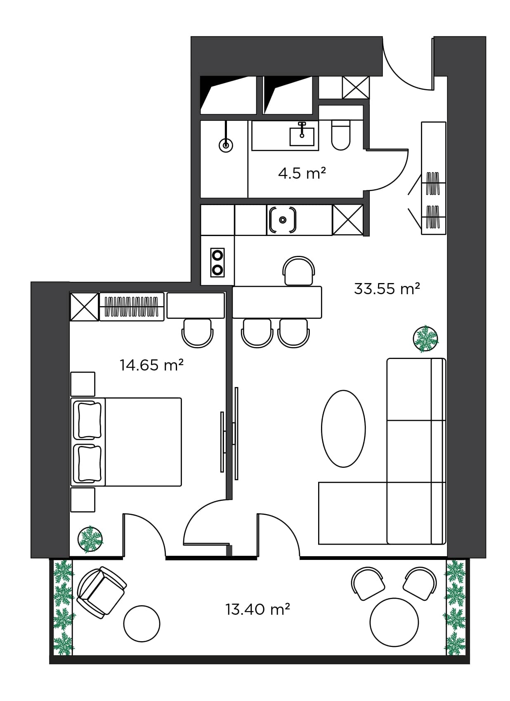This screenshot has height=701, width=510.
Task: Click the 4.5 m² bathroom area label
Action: click(x=302, y=173)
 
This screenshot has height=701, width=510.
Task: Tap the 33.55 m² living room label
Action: click(x=387, y=288)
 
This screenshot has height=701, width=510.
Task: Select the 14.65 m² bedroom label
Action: click(x=151, y=365)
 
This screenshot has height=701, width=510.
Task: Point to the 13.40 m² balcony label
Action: click(x=257, y=609)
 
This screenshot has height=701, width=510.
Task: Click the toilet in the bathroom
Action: click(x=341, y=135)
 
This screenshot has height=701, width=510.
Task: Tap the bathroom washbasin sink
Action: click(x=302, y=137)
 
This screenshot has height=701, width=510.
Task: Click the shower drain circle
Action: click(x=226, y=145)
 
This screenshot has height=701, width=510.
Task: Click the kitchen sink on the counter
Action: click(x=283, y=220)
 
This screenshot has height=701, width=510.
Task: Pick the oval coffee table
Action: click(x=343, y=429)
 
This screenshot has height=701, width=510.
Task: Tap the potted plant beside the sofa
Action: click(x=425, y=339)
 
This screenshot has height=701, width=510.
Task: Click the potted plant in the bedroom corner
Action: click(x=90, y=539)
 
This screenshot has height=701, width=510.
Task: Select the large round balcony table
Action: click(x=394, y=622)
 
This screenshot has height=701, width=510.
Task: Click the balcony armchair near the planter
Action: click(x=101, y=592)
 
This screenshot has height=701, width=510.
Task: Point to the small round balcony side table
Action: click(x=142, y=623)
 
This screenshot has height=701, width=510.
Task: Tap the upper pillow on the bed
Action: click(x=87, y=420)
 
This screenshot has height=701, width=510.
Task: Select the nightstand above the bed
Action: click(x=83, y=384)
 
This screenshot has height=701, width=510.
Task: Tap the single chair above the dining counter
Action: click(x=299, y=271)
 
